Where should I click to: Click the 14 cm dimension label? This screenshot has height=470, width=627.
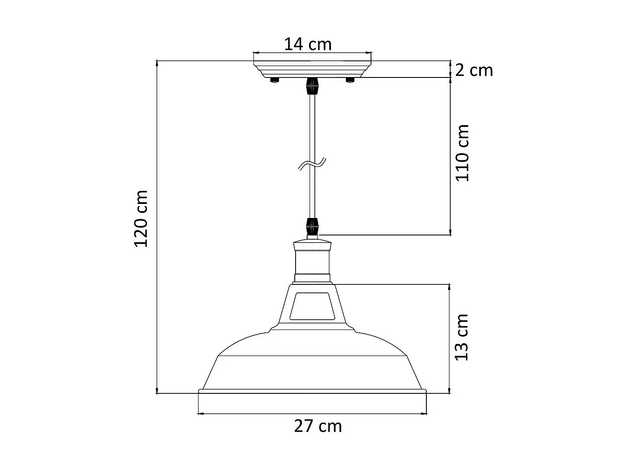[x=308, y=44]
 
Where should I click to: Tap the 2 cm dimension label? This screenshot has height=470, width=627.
[x=474, y=70]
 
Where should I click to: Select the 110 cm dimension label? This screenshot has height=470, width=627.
[x=462, y=153]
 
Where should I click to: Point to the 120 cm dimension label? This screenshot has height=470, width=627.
[x=141, y=219]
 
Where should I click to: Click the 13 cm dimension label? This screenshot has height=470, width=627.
[x=461, y=338]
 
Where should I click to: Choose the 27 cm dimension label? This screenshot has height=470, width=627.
[x=318, y=426]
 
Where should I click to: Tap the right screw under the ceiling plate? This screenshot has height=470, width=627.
[x=350, y=80]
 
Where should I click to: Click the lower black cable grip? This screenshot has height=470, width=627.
[x=313, y=226]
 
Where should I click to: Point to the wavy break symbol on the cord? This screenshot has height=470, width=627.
[x=312, y=164]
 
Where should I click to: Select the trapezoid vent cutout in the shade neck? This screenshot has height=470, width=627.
[x=312, y=306]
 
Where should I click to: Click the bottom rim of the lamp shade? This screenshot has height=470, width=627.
[x=312, y=391]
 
